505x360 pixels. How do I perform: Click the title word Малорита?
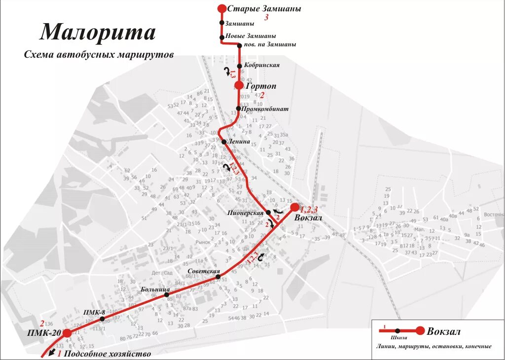point(98,32)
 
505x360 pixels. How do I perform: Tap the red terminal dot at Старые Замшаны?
point(222,8)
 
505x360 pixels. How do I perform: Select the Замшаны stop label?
point(239,23)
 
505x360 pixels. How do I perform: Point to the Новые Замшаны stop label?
point(251,36)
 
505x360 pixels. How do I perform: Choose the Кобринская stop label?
point(262,65)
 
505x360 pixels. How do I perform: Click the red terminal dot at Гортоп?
point(239,85)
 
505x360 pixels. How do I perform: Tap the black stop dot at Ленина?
point(224,142)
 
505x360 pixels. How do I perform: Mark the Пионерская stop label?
point(246,213)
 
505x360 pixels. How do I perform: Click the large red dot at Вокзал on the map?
point(295,207)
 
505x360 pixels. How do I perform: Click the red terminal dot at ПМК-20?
point(67,333)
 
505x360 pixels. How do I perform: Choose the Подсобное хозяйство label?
point(107,354)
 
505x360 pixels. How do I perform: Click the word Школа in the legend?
point(398,338)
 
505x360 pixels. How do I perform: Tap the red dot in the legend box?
point(420,331)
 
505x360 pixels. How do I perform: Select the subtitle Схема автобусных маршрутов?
point(99,55)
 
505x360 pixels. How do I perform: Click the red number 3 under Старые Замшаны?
point(266,18)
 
